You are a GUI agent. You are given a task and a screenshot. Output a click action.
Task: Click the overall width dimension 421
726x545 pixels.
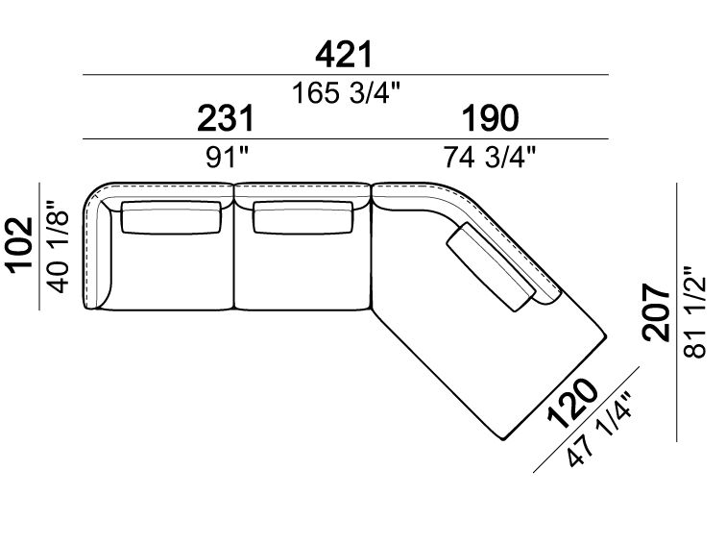pyautogui.click(x=344, y=54)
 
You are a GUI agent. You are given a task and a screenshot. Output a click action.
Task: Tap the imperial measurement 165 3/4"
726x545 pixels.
pyautogui.click(x=346, y=92)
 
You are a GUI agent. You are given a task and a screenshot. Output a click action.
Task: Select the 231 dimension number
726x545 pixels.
pyautogui.click(x=226, y=118)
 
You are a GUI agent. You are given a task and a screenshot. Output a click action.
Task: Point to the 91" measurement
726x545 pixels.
pyautogui.click(x=228, y=158)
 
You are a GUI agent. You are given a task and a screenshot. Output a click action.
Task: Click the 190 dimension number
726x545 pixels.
pyautogui.click(x=491, y=118)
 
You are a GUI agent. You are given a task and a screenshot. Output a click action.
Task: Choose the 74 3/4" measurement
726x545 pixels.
pyautogui.click(x=490, y=157)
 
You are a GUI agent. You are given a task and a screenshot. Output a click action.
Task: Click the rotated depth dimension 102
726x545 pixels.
pyautogui.click(x=19, y=246)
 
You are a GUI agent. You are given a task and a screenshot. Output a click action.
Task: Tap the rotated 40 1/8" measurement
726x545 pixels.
pyautogui.click(x=60, y=246)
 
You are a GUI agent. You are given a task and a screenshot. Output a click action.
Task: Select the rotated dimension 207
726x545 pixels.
pyautogui.click(x=657, y=312)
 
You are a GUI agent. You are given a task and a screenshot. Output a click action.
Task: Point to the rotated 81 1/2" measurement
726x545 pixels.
pyautogui.click(x=694, y=311)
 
